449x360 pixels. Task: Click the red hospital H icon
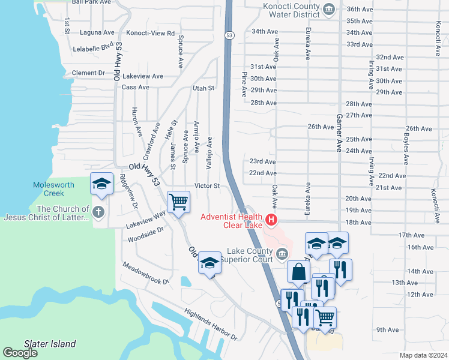pyautogui.click(x=271, y=221)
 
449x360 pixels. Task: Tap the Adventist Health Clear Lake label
pyautogui.click(x=231, y=221)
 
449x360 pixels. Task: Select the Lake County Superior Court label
pyautogui.click(x=246, y=255)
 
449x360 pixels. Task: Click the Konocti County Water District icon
pyautogui.click(x=328, y=8)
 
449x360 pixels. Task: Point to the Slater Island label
pyautogui.click(x=50, y=344)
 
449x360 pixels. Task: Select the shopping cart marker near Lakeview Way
pyautogui.click(x=178, y=202)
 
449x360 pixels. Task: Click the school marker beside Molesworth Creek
pyautogui.click(x=101, y=183)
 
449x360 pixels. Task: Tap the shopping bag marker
pyautogui.click(x=298, y=271)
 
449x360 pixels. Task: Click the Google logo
pyautogui.click(x=20, y=353)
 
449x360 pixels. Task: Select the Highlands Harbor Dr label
pyautogui.click(x=211, y=327)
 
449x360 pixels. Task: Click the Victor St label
pyautogui.click(x=206, y=186)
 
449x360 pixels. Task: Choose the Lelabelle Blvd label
pyautogui.click(x=92, y=46)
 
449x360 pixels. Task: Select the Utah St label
pyautogui.click(x=203, y=88)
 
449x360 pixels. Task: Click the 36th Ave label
pyautogui.click(x=377, y=9)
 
